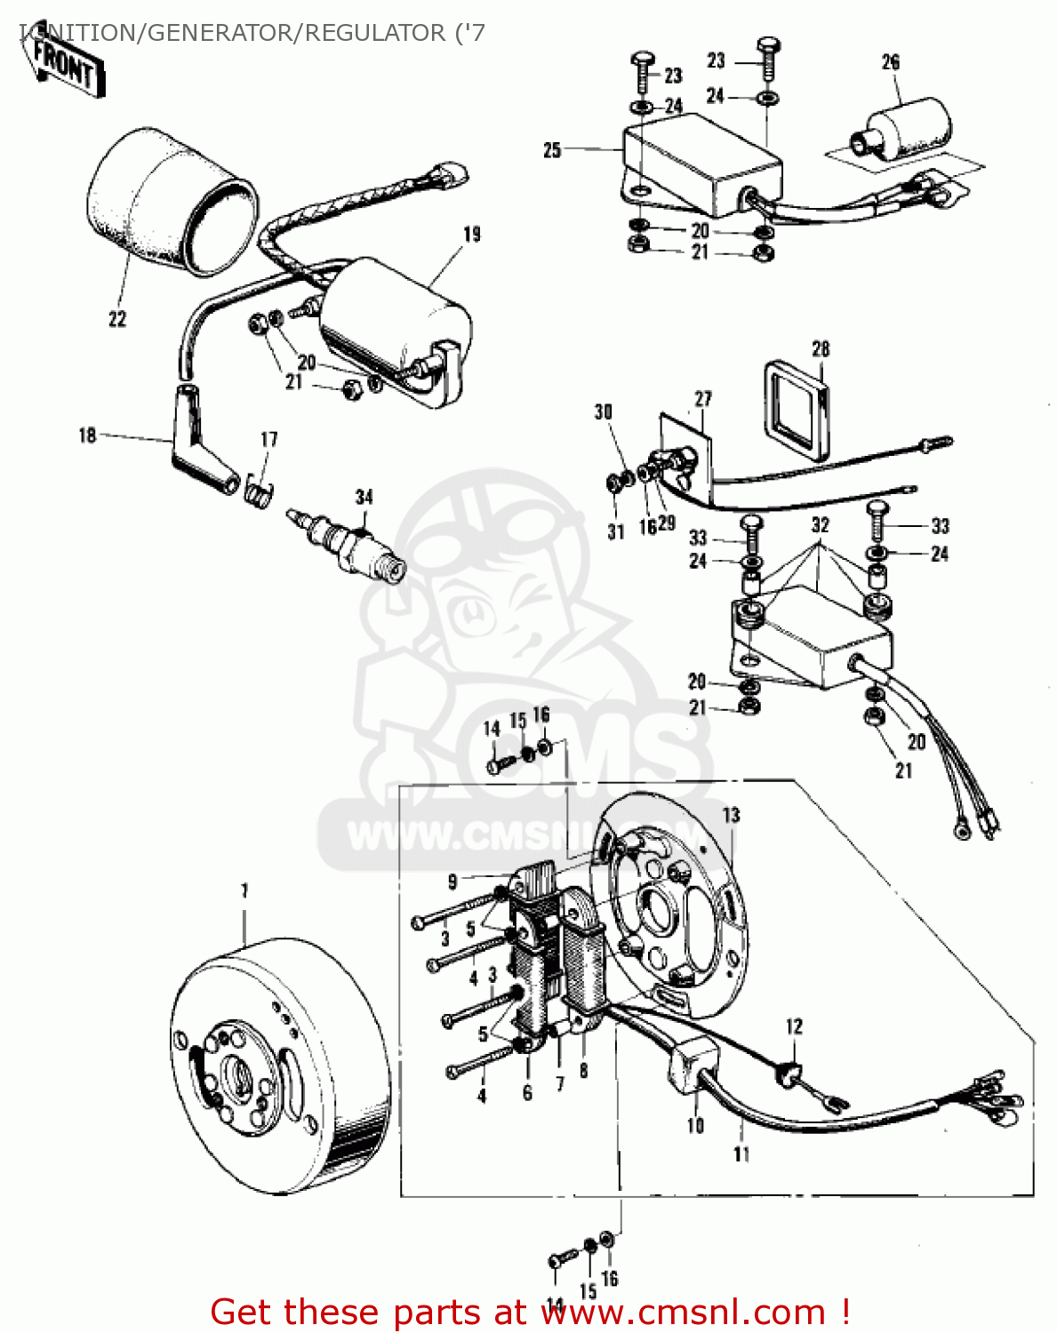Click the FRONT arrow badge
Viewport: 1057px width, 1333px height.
click(x=67, y=66)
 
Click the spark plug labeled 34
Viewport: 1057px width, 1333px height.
click(x=348, y=541)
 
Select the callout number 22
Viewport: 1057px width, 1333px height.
click(x=117, y=319)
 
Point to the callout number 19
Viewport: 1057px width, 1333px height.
click(x=472, y=235)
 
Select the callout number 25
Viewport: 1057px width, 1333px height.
click(x=552, y=150)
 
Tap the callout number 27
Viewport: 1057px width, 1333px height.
click(x=703, y=399)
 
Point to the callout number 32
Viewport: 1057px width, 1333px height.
click(x=820, y=525)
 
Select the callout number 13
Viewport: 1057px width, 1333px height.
click(x=731, y=815)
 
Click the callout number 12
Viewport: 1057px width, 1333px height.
click(x=794, y=1026)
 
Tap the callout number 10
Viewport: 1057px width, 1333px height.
click(x=695, y=1125)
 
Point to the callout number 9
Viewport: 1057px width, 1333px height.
click(x=452, y=882)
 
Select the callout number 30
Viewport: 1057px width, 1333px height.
click(x=604, y=411)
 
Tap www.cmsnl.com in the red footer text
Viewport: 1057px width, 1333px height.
click(x=684, y=1312)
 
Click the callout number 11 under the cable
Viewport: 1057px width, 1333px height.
click(x=741, y=1153)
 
